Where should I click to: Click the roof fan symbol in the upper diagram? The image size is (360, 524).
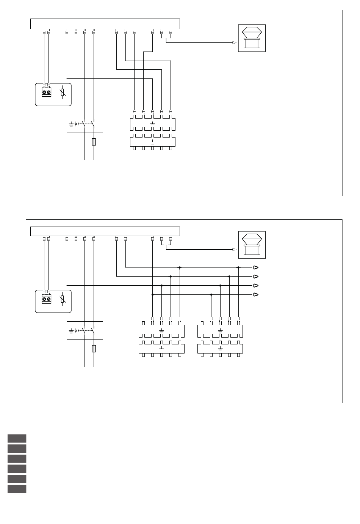[252, 38]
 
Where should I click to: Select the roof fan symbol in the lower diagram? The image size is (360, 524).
[252, 245]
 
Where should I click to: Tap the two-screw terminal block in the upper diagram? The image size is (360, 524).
[46, 92]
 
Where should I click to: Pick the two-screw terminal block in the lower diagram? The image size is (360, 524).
[46, 299]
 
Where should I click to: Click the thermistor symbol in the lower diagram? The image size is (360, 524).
[63, 300]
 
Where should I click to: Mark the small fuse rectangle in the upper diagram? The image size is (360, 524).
[94, 142]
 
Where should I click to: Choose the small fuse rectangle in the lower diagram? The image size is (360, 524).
[94, 349]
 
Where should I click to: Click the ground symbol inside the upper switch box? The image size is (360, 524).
[71, 124]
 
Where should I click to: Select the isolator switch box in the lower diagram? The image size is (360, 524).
[85, 330]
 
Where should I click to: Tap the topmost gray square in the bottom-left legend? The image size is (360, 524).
[17, 438]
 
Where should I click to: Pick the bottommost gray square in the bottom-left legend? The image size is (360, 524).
[17, 489]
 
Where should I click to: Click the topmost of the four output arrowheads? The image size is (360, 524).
[256, 267]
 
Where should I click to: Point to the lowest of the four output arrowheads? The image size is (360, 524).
[256, 295]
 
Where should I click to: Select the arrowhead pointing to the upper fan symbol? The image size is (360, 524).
[235, 42]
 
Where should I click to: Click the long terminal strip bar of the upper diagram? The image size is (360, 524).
[105, 23]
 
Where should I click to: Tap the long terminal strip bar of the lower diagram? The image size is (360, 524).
[105, 231]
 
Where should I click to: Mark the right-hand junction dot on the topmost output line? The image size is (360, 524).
[238, 267]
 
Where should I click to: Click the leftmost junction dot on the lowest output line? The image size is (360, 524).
[152, 294]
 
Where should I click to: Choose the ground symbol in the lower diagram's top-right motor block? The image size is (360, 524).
[220, 331]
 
